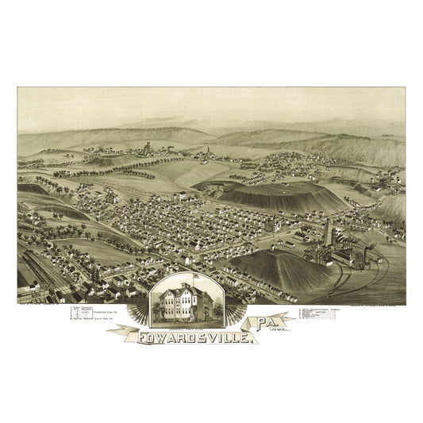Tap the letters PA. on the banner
pyautogui.click(x=269, y=325)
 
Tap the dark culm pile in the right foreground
pyautogui.click(x=270, y=270)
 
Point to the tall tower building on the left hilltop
pyautogui.click(x=148, y=148)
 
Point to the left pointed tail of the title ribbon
pyautogui.click(x=112, y=332)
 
